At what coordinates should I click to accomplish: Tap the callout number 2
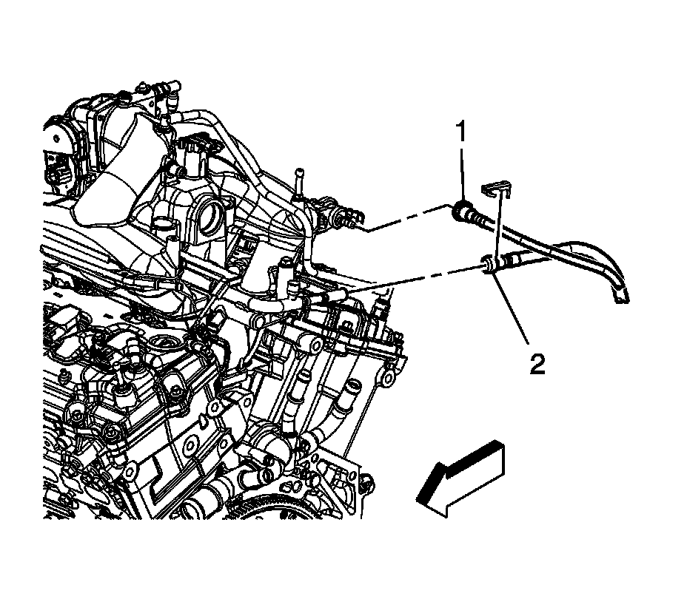coord(537,363)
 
